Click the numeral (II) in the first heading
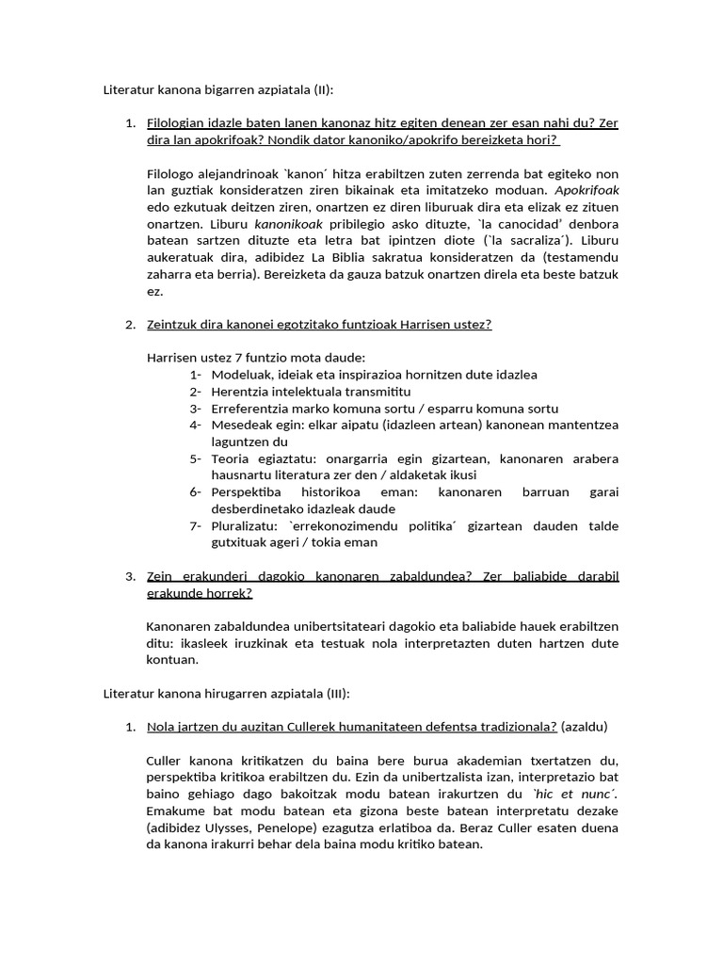320,90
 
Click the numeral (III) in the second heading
334,693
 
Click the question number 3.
131,575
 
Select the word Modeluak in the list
242,375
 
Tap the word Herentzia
243,392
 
